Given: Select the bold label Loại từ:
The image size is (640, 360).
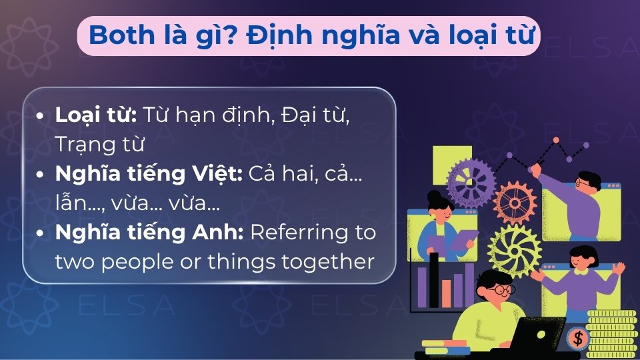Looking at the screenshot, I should tap(96, 115).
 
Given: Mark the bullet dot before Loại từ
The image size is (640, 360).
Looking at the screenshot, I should tap(41, 116).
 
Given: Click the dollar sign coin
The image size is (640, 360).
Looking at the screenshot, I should tap(578, 339).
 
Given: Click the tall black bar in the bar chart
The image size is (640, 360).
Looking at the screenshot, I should tap(434, 279).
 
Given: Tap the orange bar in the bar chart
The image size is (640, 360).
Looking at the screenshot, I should tap(446, 293).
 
